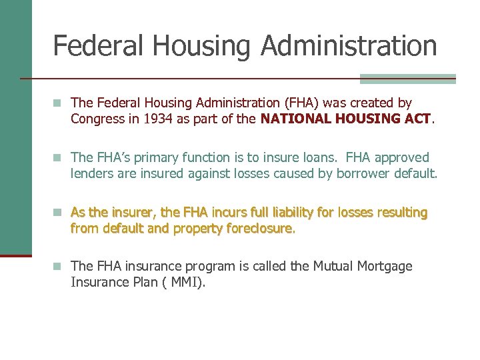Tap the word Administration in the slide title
(349, 45)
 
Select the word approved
(402, 158)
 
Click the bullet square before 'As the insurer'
(59, 213)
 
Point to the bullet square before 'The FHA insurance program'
(59, 267)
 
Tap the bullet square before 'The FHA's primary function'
(59, 158)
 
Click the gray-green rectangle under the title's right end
(407, 79)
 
